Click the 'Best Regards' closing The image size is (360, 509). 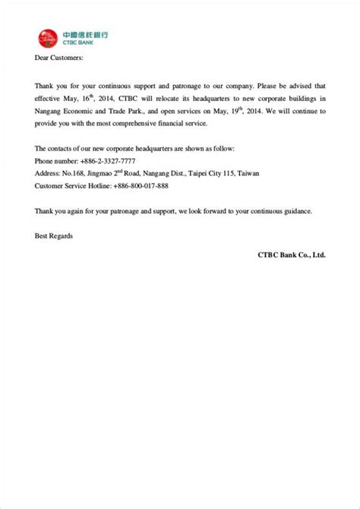click(x=54, y=236)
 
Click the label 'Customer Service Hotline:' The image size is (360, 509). click(x=72, y=185)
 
